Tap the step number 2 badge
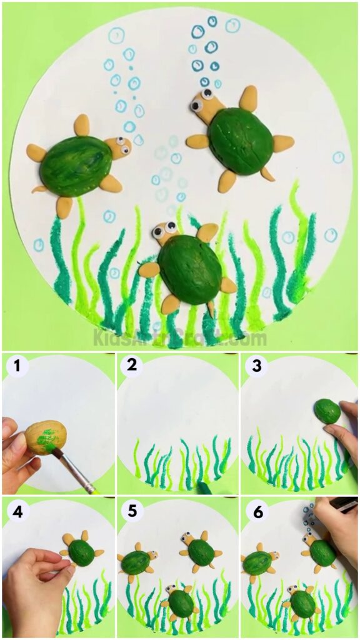[x=131, y=366]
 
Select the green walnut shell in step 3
[x=327, y=411]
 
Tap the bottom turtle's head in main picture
[x=165, y=232]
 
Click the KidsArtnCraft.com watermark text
[x=180, y=338]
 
